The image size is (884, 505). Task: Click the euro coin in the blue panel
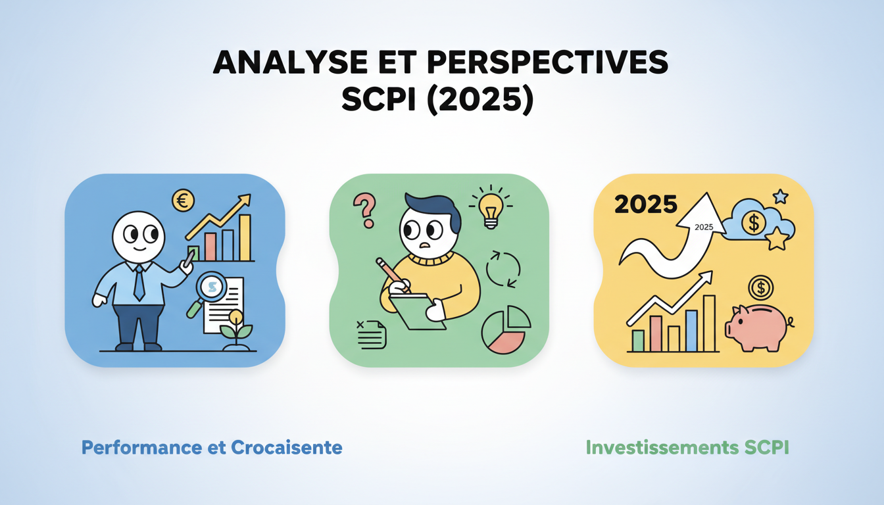coord(183,201)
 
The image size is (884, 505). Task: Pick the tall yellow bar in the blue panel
coord(245,237)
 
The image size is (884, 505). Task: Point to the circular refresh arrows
coord(503,268)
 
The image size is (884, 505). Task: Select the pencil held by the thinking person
coord(393,275)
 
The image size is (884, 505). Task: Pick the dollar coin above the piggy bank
coord(761,287)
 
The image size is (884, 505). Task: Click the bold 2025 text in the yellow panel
coord(645,204)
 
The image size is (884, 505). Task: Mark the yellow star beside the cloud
coord(777,239)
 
